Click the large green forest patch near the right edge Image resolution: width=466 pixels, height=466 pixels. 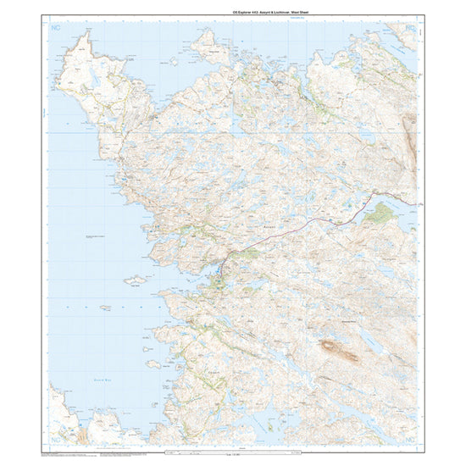pos(382,212)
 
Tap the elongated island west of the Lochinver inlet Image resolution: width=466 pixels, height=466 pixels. pos(135,280)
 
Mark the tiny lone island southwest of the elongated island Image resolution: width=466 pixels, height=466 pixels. pos(105,307)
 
